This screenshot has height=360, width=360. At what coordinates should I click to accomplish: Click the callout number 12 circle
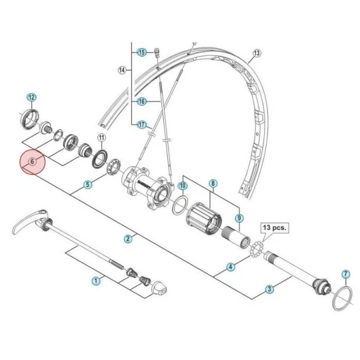(x=31, y=97)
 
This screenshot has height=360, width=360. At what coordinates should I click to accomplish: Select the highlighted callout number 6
(x=33, y=162)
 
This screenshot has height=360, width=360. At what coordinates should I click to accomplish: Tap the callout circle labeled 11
(x=101, y=138)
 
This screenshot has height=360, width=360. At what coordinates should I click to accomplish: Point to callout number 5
(x=88, y=185)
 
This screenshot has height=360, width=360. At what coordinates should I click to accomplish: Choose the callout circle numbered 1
(x=96, y=281)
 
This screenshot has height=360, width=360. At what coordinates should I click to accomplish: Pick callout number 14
(x=122, y=70)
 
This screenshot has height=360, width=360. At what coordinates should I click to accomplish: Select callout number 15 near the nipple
(x=141, y=52)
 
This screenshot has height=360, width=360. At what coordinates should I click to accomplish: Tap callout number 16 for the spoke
(x=141, y=101)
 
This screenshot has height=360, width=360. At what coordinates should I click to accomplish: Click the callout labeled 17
(x=141, y=124)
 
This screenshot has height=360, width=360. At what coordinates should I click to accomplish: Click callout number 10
(x=182, y=186)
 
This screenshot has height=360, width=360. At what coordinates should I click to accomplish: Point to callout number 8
(x=213, y=183)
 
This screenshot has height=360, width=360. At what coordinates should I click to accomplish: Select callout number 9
(x=238, y=218)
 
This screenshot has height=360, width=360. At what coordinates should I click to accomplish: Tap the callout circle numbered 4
(x=231, y=267)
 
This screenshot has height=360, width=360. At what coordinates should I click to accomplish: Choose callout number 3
(x=269, y=289)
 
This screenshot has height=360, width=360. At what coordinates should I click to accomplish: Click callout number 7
(x=345, y=273)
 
